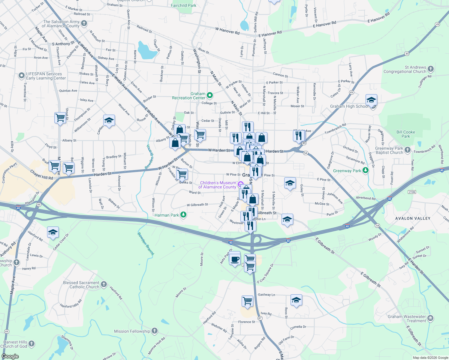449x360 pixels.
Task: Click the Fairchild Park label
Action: click(183, 5)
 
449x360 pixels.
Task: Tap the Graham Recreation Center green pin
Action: click(210, 96)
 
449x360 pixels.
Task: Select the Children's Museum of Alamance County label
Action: click(218, 185)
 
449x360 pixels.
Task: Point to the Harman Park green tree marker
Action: click(183, 215)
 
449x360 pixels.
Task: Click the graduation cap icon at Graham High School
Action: click(371, 100)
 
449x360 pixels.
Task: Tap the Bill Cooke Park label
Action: click(405, 134)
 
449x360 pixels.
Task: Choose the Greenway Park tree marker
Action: click(365, 171)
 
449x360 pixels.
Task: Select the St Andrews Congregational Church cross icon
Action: click(431, 69)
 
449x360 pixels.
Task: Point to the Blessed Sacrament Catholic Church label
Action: click(81, 285)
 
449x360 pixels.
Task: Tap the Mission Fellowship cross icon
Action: click(154, 331)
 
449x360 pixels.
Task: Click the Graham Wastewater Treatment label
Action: click(407, 319)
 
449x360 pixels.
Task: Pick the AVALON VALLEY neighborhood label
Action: click(413, 218)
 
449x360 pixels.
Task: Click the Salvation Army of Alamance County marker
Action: click(84, 23)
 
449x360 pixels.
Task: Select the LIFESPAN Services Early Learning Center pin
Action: click(21, 76)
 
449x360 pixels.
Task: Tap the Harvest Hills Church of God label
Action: click(15, 344)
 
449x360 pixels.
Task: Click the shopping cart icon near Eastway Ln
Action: click(247, 301)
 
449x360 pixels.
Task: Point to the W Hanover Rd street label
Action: click(227, 31)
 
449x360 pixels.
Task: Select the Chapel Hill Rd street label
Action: click(41, 175)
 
